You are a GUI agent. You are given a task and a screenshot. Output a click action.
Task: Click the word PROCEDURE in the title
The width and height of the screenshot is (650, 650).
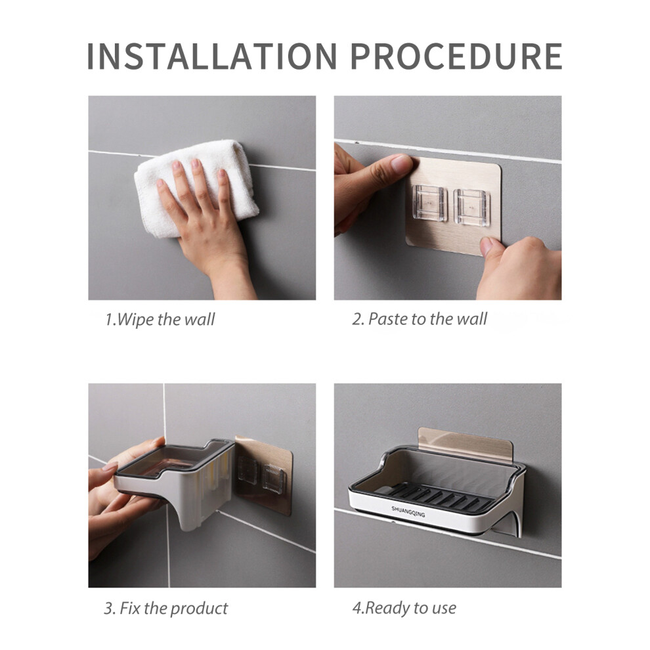point(456,56)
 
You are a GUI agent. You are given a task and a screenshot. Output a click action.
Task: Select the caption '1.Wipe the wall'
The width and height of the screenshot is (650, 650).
point(160,320)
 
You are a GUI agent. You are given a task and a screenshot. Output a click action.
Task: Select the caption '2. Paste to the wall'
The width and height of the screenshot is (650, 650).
point(420,320)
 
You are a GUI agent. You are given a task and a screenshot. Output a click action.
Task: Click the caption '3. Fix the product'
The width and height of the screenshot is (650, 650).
point(165,608)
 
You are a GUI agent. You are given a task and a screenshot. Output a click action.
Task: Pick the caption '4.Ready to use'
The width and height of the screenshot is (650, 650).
point(404,608)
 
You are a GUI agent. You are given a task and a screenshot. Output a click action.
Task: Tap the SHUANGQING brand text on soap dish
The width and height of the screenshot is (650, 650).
point(408,511)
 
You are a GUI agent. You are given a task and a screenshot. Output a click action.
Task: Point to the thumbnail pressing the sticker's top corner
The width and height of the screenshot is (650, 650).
point(400,164)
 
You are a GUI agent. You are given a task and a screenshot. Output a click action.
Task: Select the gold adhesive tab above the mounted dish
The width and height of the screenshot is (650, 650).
point(466,442)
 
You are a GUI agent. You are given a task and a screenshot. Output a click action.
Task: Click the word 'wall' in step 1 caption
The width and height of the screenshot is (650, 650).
point(199,320)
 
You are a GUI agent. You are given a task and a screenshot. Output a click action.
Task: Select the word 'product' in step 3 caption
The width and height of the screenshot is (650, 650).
point(200,608)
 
